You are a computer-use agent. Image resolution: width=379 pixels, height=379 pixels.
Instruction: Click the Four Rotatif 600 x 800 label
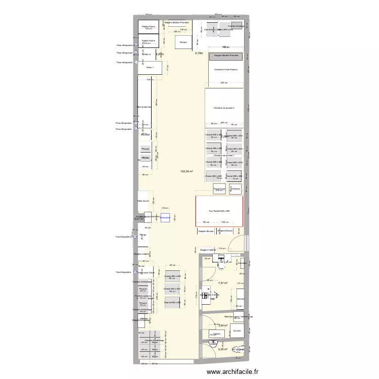219,211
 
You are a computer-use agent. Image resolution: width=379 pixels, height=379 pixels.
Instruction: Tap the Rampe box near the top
182,42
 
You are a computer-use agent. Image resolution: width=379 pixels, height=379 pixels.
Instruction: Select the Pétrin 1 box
150,67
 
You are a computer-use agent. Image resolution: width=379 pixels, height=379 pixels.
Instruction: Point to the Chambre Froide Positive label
225,70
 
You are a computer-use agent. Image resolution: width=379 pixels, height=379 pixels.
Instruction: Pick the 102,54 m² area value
187,172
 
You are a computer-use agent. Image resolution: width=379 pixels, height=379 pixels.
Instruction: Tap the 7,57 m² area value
223,283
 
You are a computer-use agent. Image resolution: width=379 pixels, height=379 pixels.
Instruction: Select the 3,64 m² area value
223,325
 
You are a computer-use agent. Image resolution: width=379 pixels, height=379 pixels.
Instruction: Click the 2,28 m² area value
223,349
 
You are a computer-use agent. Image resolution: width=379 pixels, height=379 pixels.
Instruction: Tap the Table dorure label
143,201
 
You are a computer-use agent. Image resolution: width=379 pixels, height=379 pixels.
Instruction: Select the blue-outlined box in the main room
165,218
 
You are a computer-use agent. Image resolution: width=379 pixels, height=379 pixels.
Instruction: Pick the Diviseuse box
235,188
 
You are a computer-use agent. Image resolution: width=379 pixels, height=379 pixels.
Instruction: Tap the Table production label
144,107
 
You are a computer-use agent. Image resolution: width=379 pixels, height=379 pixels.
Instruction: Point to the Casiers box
217,334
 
